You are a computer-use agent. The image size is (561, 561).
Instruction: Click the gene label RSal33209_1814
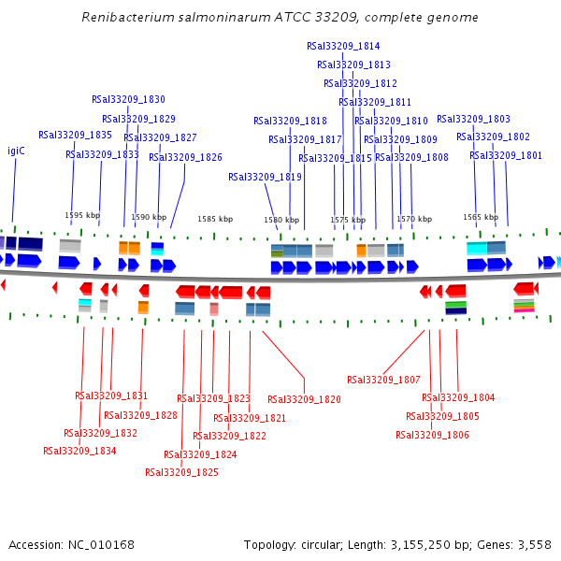pyautogui.click(x=343, y=46)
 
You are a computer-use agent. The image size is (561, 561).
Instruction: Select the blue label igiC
pyautogui.click(x=16, y=151)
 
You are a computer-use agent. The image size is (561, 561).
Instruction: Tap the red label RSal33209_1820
pyautogui.click(x=304, y=399)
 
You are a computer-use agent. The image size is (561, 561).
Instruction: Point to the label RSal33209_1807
pyautogui.click(x=383, y=380)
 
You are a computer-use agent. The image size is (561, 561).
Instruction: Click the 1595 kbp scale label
pyautogui.click(x=82, y=215)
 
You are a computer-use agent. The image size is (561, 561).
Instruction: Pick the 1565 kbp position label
pyautogui.click(x=481, y=217)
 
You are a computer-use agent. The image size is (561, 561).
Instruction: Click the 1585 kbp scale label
pyautogui.click(x=215, y=219)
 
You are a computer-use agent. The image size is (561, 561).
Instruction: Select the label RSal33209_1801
pyautogui.click(x=506, y=155)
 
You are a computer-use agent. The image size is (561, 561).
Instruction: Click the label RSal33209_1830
pyautogui.click(x=128, y=99)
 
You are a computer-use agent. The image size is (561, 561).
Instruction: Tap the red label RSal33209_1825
pyautogui.click(x=181, y=472)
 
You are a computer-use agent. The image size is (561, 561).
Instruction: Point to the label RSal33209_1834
pyautogui.click(x=79, y=451)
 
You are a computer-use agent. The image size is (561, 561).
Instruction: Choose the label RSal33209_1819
pyautogui.click(x=265, y=177)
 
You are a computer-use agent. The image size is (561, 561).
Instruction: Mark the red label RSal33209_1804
pyautogui.click(x=459, y=397)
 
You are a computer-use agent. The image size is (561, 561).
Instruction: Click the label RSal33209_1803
pyautogui.click(x=473, y=119)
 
